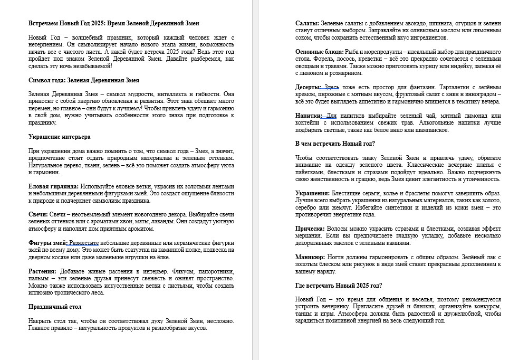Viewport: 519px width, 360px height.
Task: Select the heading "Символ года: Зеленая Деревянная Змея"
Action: point(83,80)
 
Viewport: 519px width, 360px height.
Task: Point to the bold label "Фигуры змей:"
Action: point(47,242)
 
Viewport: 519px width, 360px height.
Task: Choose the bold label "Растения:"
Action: point(42,271)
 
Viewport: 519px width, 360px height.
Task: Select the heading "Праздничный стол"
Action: point(55,306)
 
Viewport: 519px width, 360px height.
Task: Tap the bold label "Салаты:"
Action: point(307,24)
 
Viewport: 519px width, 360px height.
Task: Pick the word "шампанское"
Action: point(430,130)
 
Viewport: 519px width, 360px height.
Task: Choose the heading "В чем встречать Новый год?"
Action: point(335,144)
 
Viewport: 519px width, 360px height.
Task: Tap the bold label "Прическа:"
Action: point(311,229)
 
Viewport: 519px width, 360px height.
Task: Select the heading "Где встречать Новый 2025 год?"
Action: point(339,286)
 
